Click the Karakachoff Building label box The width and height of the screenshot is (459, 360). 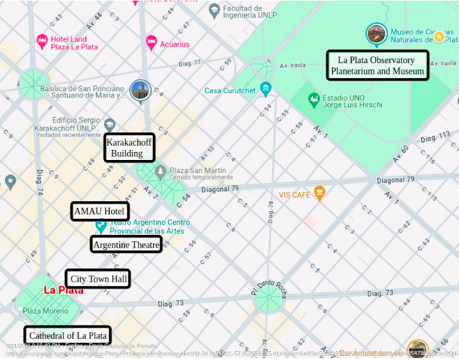click(x=129, y=148)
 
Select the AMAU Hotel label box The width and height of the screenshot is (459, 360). click(x=100, y=211)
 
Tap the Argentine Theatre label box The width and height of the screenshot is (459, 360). click(x=127, y=244)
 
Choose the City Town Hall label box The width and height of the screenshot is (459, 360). click(x=98, y=279)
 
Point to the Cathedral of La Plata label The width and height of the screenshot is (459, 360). click(x=67, y=336)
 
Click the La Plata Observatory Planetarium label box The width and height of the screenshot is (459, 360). click(x=378, y=66)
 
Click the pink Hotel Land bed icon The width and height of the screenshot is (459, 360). click(x=42, y=42)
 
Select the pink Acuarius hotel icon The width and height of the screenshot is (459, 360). click(x=151, y=42)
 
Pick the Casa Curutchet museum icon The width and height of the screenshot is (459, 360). click(x=266, y=88)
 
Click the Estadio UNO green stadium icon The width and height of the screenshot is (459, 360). click(x=314, y=100)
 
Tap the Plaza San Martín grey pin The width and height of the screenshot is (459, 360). click(x=160, y=171)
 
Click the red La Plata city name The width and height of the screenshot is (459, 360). click(x=63, y=290)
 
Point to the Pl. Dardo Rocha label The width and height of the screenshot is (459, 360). click(x=268, y=288)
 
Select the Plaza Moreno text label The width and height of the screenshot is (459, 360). click(x=45, y=311)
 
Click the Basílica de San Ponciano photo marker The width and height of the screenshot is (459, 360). click(x=141, y=89)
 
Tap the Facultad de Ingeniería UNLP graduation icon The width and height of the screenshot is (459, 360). click(x=215, y=10)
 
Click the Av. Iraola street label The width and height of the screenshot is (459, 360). click(x=293, y=65)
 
